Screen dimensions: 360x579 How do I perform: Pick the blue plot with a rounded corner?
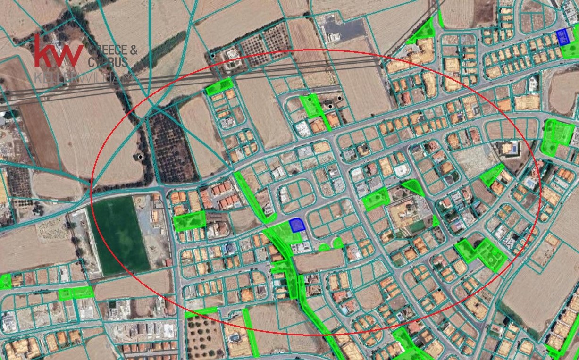pos(297,225)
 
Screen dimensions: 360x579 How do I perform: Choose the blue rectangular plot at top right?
pos(562,37)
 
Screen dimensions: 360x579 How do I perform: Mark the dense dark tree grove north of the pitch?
pos(171,143)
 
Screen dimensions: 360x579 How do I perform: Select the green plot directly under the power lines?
pos(219,86)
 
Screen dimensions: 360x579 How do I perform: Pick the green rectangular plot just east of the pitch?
pos(190,221)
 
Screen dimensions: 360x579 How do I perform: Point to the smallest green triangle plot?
pos(436,221)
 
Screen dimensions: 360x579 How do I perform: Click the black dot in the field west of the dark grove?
pos(140,157)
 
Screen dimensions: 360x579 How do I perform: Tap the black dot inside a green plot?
pos(310,100)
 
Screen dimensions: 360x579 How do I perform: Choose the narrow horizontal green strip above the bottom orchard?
pos(201,312)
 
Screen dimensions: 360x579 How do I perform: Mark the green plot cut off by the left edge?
pos(5,282)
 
